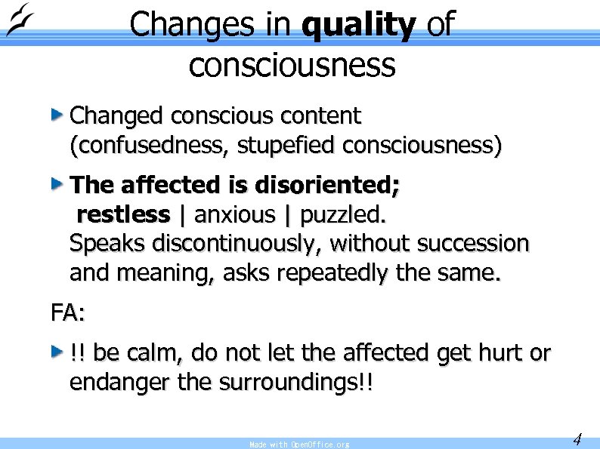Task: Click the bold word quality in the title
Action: point(358,25)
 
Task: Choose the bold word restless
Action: point(124,215)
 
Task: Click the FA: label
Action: point(68,312)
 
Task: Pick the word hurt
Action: point(485,352)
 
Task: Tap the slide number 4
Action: point(577,438)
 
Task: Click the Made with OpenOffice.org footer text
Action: point(299,444)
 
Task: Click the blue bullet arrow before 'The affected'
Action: point(56,183)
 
